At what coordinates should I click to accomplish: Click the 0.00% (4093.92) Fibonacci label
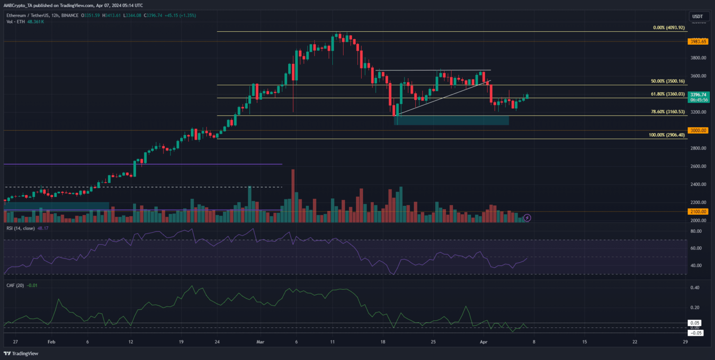point(669,28)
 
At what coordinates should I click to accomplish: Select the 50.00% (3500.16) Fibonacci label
point(668,81)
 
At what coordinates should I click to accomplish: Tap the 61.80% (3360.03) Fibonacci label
point(668,94)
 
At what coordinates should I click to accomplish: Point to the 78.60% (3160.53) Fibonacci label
point(668,112)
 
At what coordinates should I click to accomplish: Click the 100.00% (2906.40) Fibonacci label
point(667,135)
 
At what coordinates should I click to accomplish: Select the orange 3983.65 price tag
point(697,41)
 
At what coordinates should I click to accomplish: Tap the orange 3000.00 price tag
point(697,130)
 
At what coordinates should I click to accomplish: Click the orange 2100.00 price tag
point(697,212)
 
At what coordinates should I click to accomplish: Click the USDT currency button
point(697,16)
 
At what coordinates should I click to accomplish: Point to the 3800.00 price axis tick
point(697,58)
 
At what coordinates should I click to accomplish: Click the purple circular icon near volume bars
point(527,217)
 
